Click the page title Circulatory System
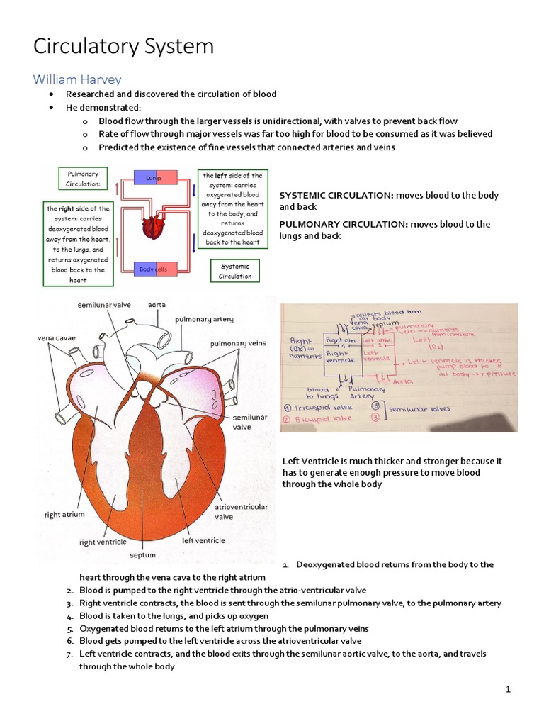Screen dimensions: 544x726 coord(124,48)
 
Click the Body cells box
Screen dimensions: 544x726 coord(153,269)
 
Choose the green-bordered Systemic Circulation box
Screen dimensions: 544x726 coord(235,271)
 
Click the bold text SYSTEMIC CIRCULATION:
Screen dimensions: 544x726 coord(336,195)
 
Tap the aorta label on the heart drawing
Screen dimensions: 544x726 coord(157,304)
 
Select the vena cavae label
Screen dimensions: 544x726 coord(55,338)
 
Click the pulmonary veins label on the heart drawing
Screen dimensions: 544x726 coord(238,343)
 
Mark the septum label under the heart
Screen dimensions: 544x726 coord(142,555)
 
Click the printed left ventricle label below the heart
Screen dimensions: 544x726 coord(203,540)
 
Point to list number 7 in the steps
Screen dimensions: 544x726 coord(71,654)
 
